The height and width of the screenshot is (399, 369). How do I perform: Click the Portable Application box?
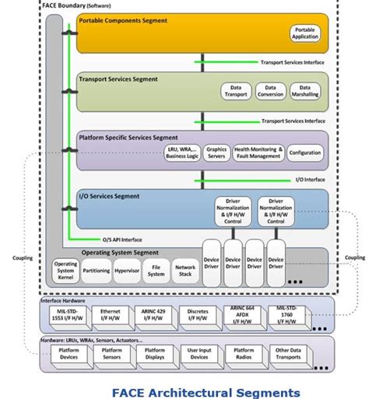tap(304, 33)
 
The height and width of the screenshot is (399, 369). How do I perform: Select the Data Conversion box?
tap(271, 92)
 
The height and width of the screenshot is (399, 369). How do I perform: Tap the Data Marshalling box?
tap(305, 92)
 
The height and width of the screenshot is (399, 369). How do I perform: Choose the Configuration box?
tap(304, 152)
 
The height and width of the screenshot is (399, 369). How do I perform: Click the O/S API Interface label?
tap(123, 239)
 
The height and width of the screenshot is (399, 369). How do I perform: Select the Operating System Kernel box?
tap(66, 271)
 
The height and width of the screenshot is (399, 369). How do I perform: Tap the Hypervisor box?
tap(126, 271)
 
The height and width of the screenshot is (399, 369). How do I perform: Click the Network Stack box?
tap(184, 271)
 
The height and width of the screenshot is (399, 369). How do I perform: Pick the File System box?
tap(156, 271)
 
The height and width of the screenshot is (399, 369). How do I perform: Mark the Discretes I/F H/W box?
tap(199, 313)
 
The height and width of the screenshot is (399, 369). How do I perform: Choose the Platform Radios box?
tap(244, 354)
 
